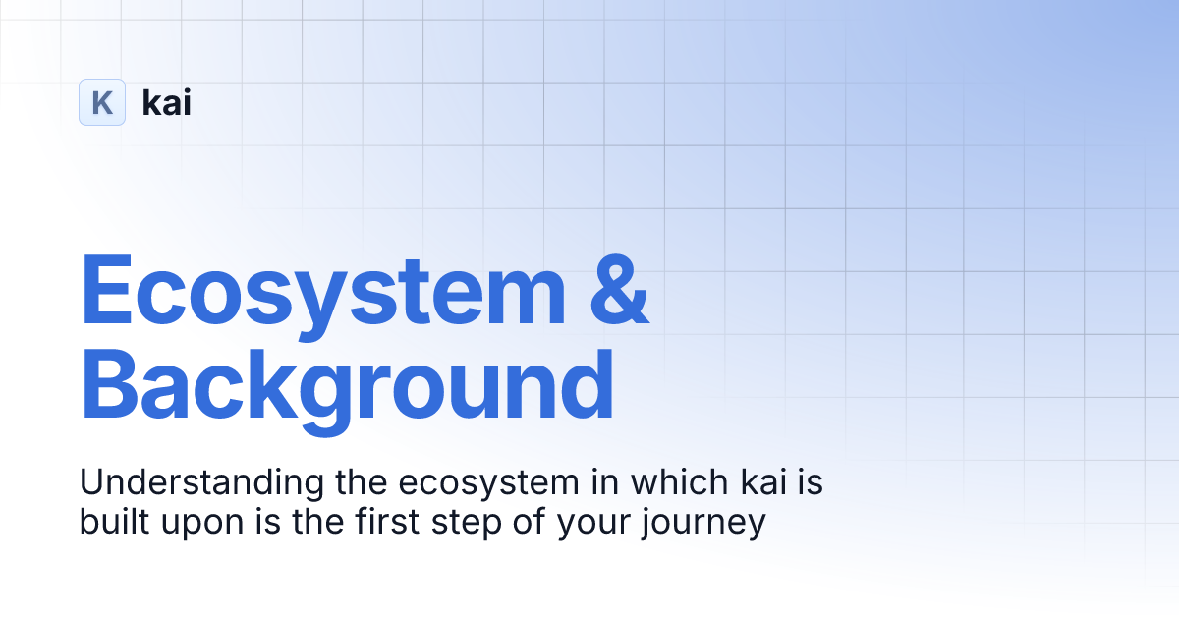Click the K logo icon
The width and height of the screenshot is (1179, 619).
(102, 102)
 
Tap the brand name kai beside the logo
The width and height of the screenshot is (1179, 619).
(167, 102)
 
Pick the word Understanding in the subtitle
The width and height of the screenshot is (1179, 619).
(186, 483)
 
